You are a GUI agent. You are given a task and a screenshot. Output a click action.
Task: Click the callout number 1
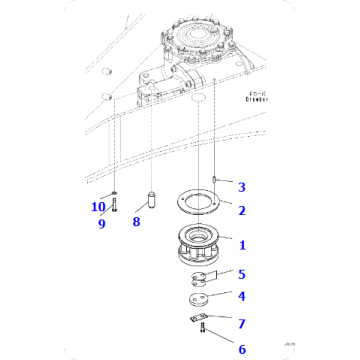(241, 243)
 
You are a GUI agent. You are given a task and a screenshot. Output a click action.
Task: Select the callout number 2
(241, 210)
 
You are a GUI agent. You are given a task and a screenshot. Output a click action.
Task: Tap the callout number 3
(241, 186)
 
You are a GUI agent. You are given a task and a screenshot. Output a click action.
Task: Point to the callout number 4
(241, 296)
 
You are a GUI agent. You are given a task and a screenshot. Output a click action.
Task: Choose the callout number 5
(241, 273)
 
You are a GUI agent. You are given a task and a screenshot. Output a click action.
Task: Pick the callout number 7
(241, 322)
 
